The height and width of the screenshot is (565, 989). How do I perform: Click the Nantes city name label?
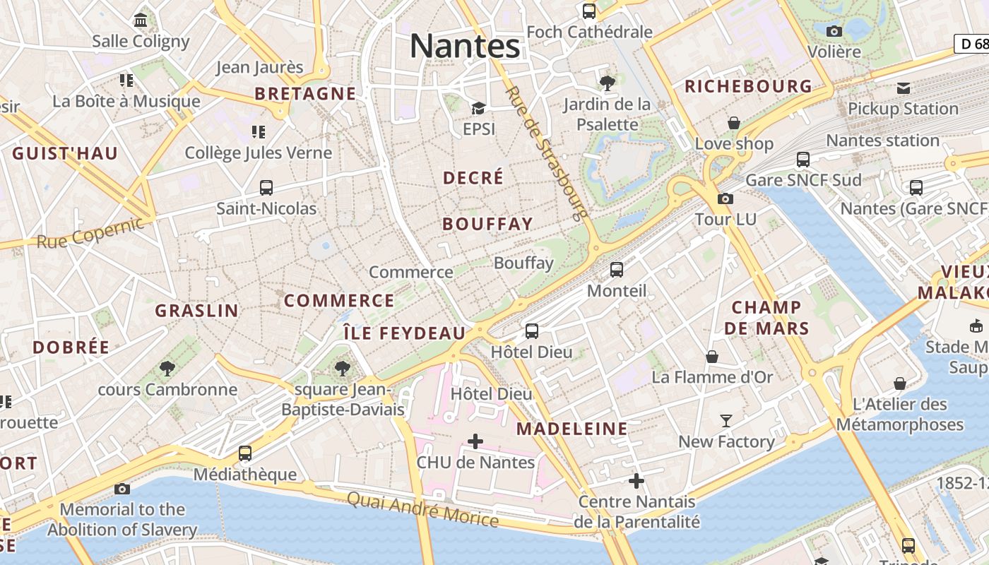click(465, 47)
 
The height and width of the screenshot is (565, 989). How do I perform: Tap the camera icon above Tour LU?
click(725, 198)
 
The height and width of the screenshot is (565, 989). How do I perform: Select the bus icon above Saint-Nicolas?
click(266, 188)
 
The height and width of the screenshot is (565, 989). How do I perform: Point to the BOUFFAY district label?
click(487, 225)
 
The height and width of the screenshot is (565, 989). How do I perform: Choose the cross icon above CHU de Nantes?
click(475, 441)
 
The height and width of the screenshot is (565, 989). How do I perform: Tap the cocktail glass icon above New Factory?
click(726, 421)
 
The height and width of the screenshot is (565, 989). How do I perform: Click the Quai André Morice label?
click(422, 509)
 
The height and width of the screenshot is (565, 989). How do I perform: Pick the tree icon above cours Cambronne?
click(167, 368)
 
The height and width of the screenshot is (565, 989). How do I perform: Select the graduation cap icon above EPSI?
click(478, 108)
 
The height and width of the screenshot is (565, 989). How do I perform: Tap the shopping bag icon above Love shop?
click(734, 123)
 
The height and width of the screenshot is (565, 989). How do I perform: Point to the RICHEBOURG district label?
click(749, 87)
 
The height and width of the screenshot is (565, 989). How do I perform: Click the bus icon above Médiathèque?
click(245, 453)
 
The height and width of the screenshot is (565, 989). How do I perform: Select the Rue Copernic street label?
click(90, 232)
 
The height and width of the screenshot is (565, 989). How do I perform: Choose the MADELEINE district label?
click(572, 429)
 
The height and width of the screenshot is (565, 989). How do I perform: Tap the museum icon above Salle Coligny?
click(141, 20)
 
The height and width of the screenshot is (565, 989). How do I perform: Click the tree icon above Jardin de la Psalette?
click(607, 83)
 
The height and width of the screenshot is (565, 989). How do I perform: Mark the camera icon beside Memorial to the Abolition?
click(122, 488)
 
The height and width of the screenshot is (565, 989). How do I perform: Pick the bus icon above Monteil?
click(617, 269)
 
